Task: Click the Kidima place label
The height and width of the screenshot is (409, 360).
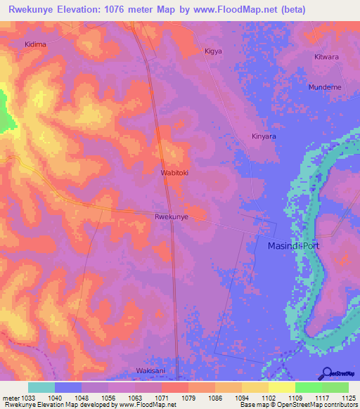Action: tap(35, 44)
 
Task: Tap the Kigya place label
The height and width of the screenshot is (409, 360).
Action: tap(212, 51)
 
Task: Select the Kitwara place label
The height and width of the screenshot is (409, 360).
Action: tap(326, 56)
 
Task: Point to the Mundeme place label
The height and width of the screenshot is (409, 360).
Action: tap(324, 87)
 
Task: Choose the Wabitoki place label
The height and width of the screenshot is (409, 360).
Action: tap(175, 171)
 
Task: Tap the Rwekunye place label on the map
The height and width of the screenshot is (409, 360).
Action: tap(171, 217)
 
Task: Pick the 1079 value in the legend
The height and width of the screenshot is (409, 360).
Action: tap(188, 397)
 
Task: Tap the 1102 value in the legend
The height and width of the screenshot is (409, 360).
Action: tap(269, 397)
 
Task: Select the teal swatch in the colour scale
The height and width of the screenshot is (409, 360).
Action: tap(41, 387)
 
